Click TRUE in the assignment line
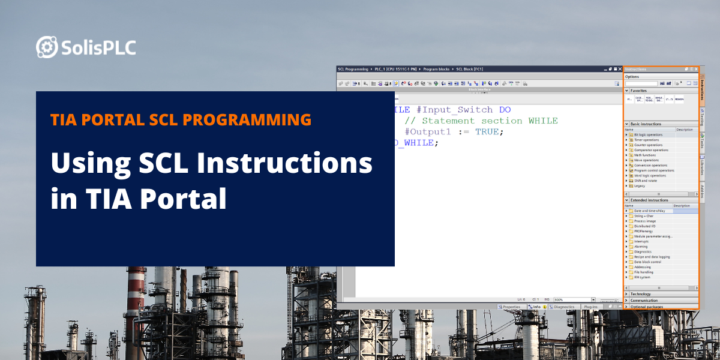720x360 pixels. point(487,132)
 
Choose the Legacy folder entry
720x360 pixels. point(640,186)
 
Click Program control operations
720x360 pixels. point(653,170)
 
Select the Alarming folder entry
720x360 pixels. point(641,247)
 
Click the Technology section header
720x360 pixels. point(640,294)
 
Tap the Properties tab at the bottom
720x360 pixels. point(511,307)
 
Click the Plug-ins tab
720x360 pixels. point(590,307)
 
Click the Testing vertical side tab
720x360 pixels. point(702,116)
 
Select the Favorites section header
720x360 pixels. point(638,90)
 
